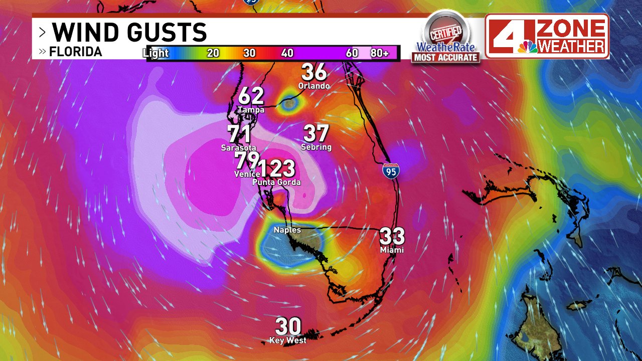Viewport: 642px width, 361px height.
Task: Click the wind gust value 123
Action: pyautogui.click(x=276, y=169)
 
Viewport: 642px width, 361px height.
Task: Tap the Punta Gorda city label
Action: pyautogui.click(x=276, y=182)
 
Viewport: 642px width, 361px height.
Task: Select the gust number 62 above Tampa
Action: pyautogui.click(x=251, y=96)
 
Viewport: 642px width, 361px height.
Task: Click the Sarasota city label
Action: pyautogui.click(x=239, y=148)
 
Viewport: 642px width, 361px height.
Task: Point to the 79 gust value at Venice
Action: pyautogui.click(x=246, y=160)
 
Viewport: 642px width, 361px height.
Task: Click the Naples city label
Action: pyautogui.click(x=287, y=230)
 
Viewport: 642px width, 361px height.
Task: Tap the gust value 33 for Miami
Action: pyautogui.click(x=392, y=236)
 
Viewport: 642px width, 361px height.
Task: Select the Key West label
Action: pyautogui.click(x=288, y=340)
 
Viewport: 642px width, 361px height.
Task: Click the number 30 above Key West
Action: pyautogui.click(x=288, y=327)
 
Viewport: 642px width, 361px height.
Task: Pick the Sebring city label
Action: pyautogui.click(x=316, y=147)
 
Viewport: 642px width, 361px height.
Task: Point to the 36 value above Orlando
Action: pyautogui.click(x=314, y=72)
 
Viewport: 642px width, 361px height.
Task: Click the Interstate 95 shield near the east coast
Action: pyautogui.click(x=391, y=171)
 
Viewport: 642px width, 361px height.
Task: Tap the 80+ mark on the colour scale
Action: pyautogui.click(x=380, y=53)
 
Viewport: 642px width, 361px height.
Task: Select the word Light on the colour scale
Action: pyautogui.click(x=155, y=53)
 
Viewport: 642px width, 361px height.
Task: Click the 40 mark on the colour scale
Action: pyautogui.click(x=287, y=53)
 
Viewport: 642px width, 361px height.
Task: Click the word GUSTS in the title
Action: pyautogui.click(x=168, y=33)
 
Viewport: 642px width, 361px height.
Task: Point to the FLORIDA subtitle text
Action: pyautogui.click(x=76, y=52)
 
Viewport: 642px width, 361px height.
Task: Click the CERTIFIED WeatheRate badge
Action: pyautogui.click(x=446, y=38)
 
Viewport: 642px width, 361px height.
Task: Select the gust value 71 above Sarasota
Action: pyautogui.click(x=239, y=134)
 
